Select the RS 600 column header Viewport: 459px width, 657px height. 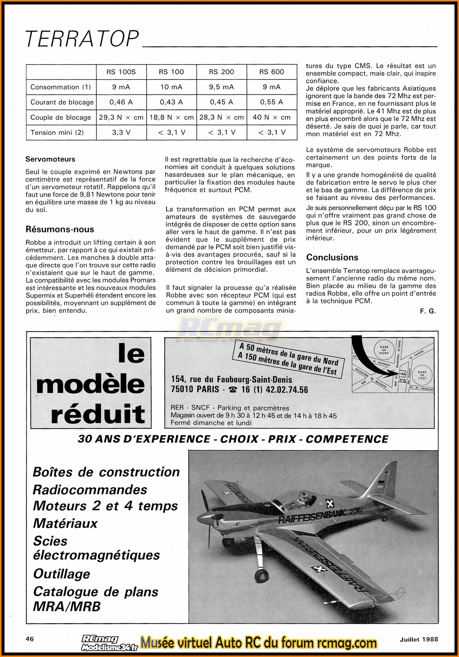(x=271, y=72)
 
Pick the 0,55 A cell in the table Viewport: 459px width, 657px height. (x=271, y=102)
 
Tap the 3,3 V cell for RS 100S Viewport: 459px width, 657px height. (x=121, y=132)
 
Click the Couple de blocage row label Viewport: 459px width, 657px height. (x=61, y=117)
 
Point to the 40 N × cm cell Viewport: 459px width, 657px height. (x=271, y=117)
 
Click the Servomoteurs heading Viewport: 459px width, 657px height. (x=50, y=159)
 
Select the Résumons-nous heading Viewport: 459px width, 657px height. (x=60, y=229)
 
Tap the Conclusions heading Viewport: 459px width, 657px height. (x=332, y=258)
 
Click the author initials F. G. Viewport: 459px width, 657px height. (x=428, y=311)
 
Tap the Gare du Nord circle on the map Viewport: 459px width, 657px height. (x=384, y=349)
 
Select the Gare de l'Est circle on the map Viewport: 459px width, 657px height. (x=422, y=375)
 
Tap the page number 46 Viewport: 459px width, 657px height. (x=30, y=639)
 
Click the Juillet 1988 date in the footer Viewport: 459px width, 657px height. (x=416, y=639)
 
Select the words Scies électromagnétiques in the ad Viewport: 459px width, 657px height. (x=96, y=548)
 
